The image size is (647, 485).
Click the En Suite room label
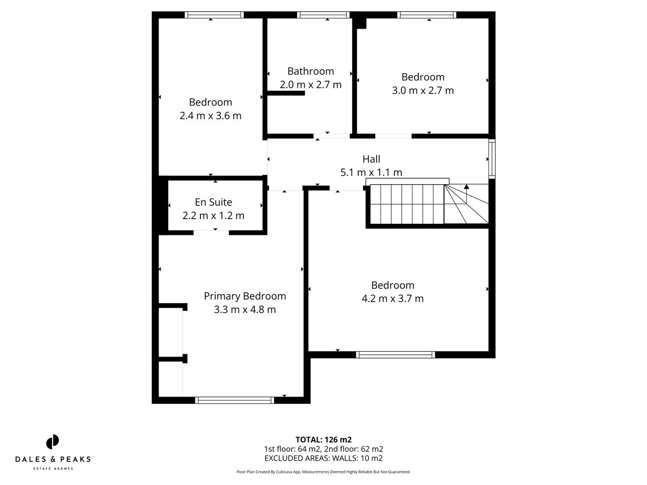(x=213, y=202)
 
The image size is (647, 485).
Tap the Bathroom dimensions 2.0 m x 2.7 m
(x=310, y=84)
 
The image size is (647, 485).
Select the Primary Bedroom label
(x=245, y=296)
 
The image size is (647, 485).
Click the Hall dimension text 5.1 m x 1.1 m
(x=371, y=172)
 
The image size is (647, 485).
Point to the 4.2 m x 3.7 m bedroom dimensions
(x=393, y=299)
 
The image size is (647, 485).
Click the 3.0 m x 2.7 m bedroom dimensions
(x=423, y=90)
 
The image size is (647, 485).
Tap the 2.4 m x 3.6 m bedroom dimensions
(x=210, y=116)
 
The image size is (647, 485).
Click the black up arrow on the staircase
(x=466, y=186)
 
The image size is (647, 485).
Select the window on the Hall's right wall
(x=492, y=159)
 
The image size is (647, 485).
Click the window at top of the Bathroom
(x=323, y=15)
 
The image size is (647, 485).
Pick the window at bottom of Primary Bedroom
(x=235, y=400)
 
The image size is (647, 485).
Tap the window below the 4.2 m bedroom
(x=395, y=355)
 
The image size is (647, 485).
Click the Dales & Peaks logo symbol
(x=53, y=442)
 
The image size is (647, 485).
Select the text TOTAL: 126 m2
(x=323, y=440)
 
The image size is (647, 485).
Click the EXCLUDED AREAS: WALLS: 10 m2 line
(x=323, y=459)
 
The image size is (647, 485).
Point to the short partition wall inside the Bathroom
(x=286, y=93)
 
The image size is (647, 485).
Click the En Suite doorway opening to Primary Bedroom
(x=211, y=232)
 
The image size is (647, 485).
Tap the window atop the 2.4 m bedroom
(x=214, y=15)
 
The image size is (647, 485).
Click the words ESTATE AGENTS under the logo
(x=53, y=469)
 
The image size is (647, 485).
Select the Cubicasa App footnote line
(x=323, y=472)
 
